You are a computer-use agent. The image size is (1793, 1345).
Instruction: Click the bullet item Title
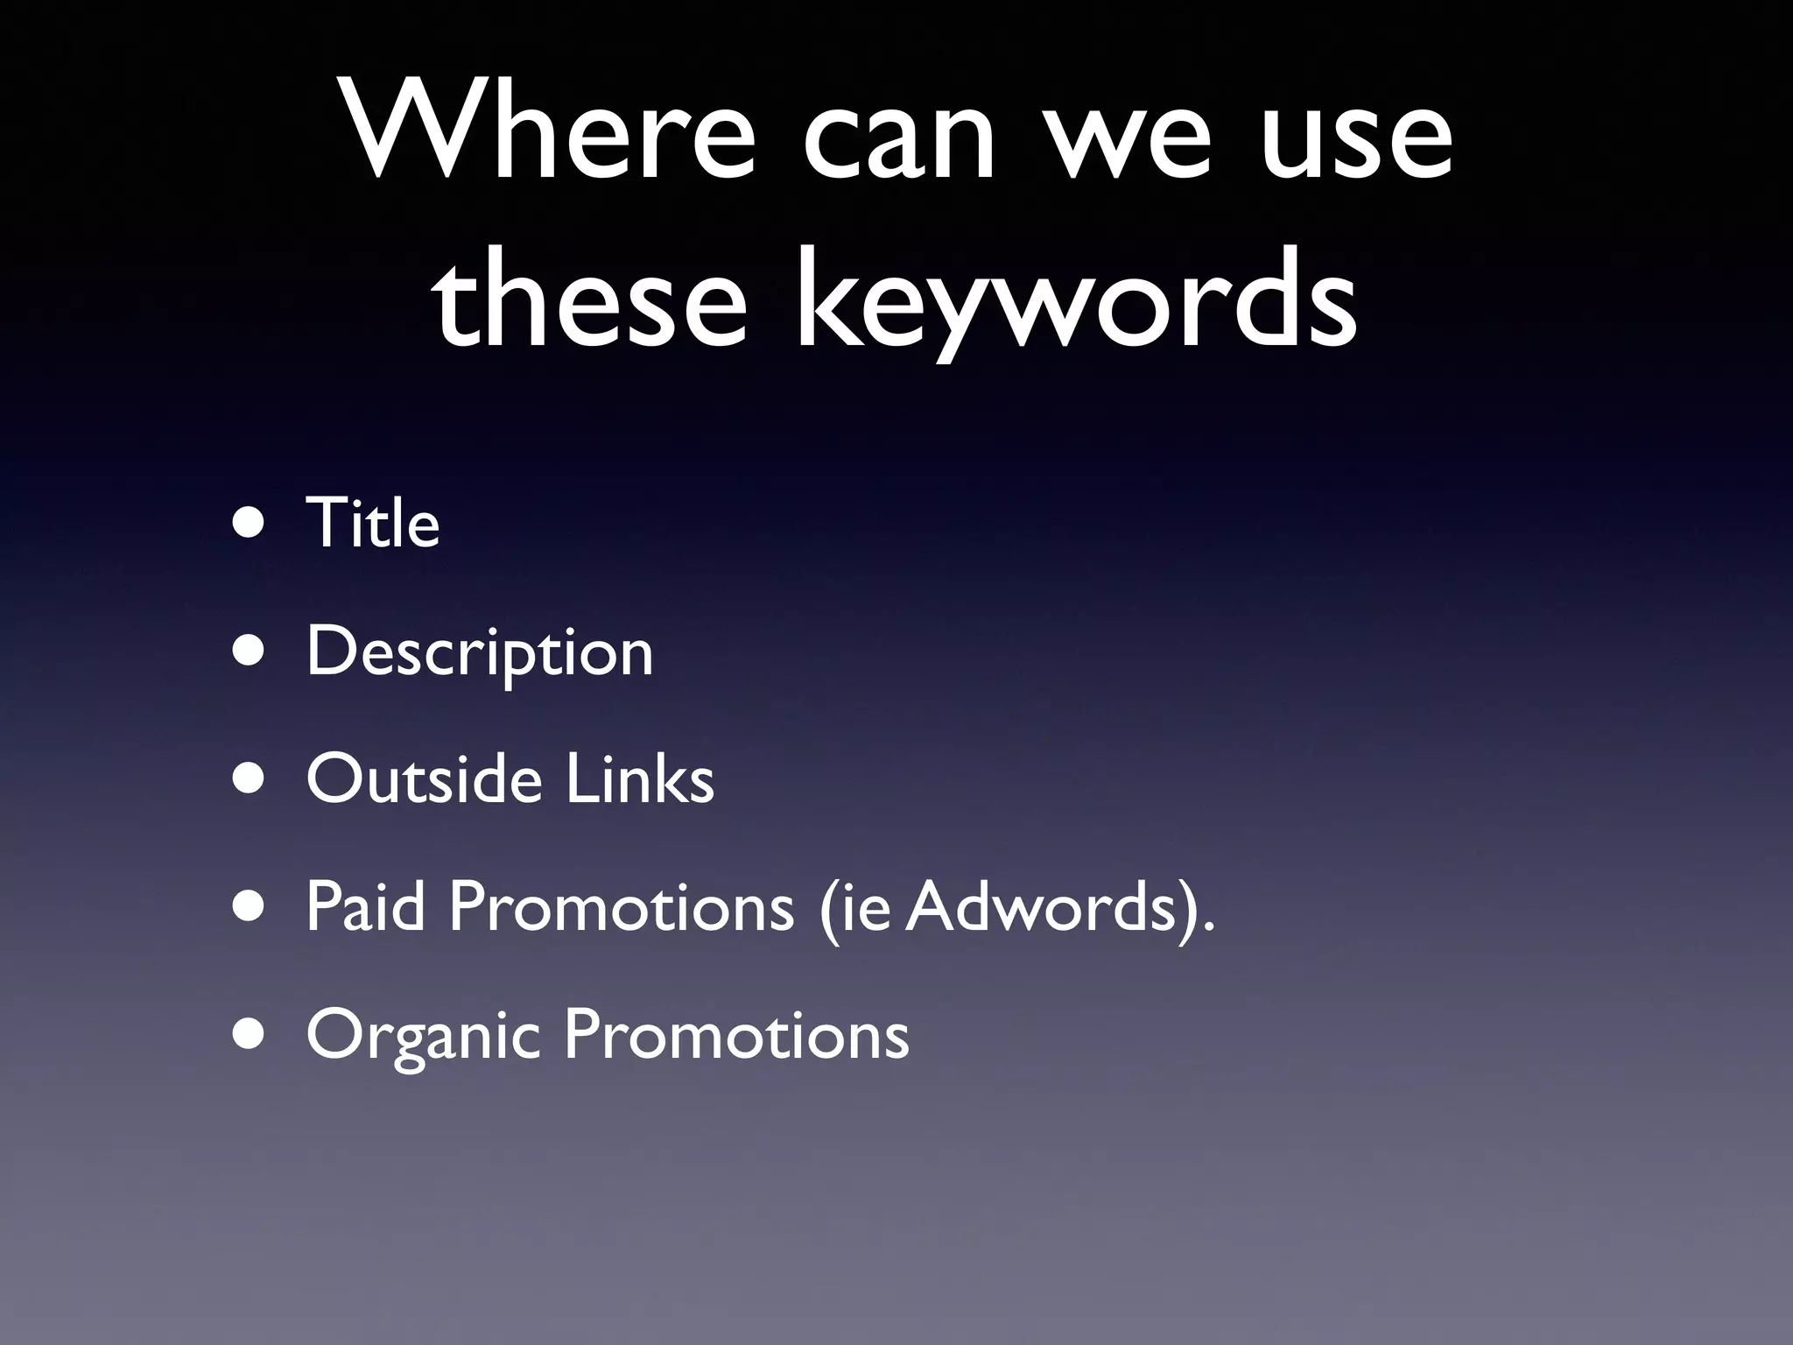[x=372, y=523]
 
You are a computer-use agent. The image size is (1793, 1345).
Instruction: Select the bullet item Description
[x=480, y=652]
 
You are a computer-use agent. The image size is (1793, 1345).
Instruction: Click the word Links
[x=640, y=778]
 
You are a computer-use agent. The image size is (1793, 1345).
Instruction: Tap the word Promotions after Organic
[x=736, y=1035]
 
